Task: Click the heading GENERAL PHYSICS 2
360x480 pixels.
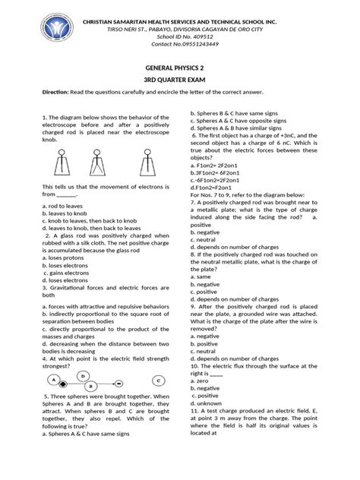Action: (x=180, y=66)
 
